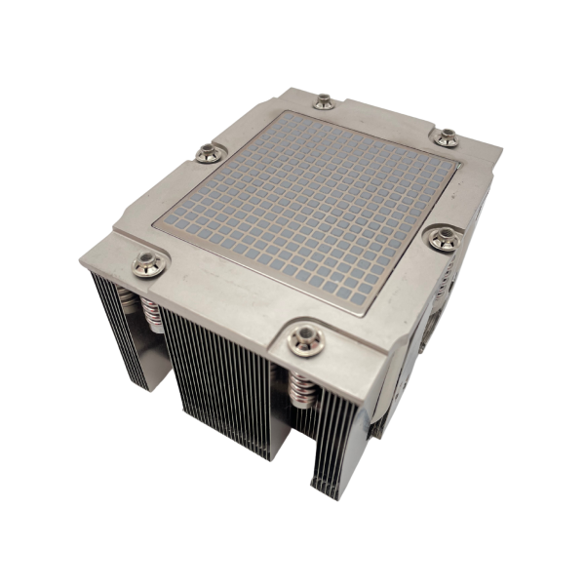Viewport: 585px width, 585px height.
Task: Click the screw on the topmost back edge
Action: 325,100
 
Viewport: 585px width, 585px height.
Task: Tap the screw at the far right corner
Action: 447,137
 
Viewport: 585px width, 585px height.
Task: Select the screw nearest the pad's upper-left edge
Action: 208,152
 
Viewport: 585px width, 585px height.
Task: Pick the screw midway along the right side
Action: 444,238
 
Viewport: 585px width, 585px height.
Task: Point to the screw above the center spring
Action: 303,341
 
